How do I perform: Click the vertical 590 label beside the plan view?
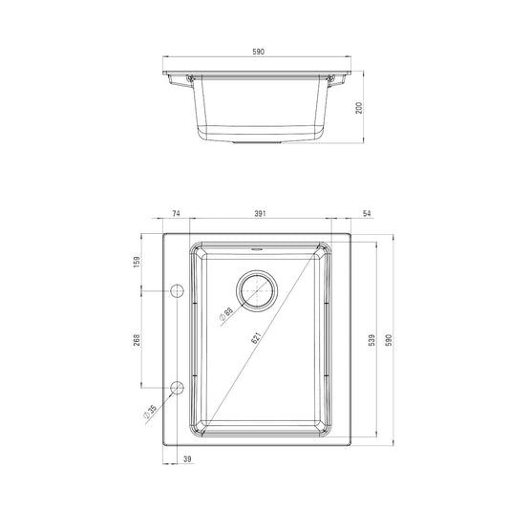tap(389, 340)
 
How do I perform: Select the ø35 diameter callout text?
tap(153, 414)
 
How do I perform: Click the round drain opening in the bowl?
tap(256, 290)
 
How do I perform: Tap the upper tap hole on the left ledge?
tap(177, 289)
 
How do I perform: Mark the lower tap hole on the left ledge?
tap(177, 386)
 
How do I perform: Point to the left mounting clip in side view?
tap(182, 84)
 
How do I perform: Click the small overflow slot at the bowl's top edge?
tap(256, 247)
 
